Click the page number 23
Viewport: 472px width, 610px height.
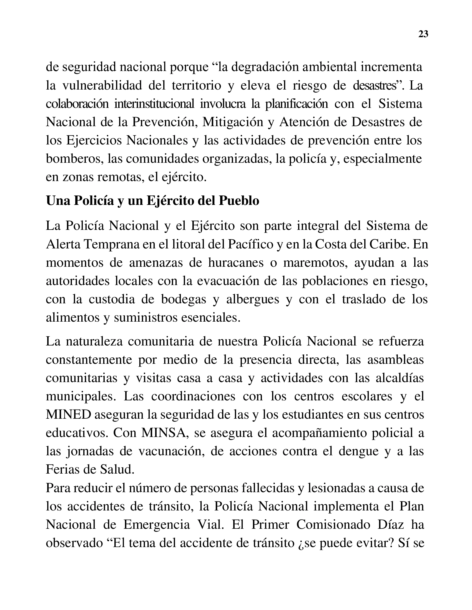(x=423, y=34)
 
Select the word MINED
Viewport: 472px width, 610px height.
(x=69, y=415)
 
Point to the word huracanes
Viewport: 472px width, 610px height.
(x=236, y=263)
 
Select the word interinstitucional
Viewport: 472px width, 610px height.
(x=154, y=104)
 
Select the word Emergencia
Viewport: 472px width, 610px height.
(x=157, y=525)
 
